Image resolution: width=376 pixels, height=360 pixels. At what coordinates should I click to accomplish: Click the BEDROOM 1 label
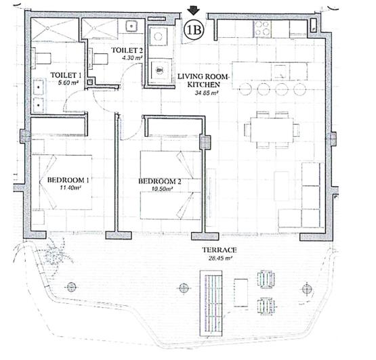pos(68,180)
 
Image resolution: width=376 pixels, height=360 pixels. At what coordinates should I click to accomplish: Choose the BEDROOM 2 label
pos(159,181)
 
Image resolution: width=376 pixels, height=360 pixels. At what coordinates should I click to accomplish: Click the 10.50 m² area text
pos(161,189)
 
